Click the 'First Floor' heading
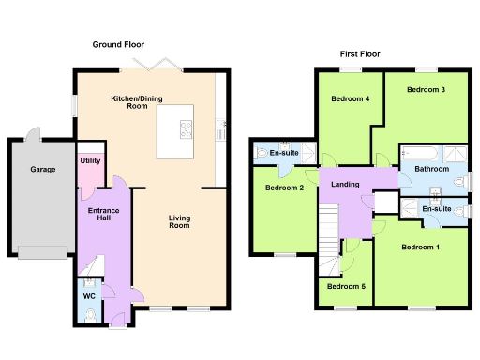(359, 54)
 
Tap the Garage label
(42, 170)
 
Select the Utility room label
(90, 161)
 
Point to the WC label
(89, 297)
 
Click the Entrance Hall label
(102, 216)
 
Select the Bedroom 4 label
(347, 98)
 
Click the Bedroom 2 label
(284, 187)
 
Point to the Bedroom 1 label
(420, 247)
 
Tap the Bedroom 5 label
(346, 286)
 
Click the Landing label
(346, 184)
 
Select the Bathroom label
(431, 170)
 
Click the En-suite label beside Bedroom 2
(284, 153)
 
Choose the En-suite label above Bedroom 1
(436, 208)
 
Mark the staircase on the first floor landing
(327, 234)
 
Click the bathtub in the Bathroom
(416, 152)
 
